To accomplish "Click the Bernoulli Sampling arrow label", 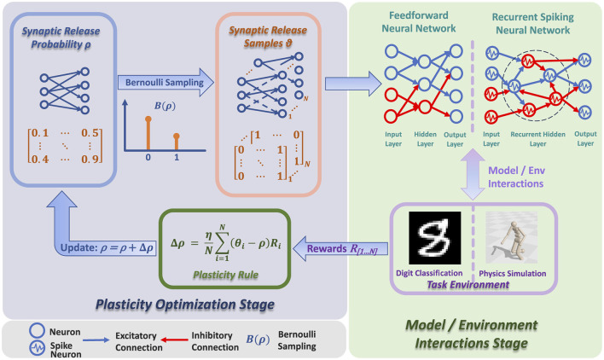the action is click(x=165, y=83).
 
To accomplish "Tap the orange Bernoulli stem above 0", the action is click(x=148, y=134).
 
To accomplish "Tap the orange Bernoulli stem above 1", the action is click(x=177, y=142).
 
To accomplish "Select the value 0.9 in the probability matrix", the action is click(x=90, y=159).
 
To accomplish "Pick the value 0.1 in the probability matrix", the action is click(x=40, y=133).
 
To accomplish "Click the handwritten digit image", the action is click(x=435, y=237).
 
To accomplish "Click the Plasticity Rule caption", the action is click(x=226, y=275).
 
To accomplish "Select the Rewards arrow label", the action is click(x=342, y=249).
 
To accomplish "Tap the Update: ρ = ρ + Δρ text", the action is click(x=107, y=248).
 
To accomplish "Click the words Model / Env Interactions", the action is click(x=516, y=177).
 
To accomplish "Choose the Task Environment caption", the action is click(x=468, y=285).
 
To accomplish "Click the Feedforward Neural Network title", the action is click(x=419, y=22).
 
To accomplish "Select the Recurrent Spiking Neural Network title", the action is click(x=532, y=24).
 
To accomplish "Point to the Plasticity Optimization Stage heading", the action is click(x=185, y=305).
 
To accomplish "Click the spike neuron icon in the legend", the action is click(x=38, y=348).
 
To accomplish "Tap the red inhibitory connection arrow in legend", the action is click(x=174, y=340).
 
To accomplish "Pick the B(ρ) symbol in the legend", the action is click(x=258, y=340).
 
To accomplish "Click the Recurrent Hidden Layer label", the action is click(x=537, y=139).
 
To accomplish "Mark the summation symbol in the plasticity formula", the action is click(x=223, y=243).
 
